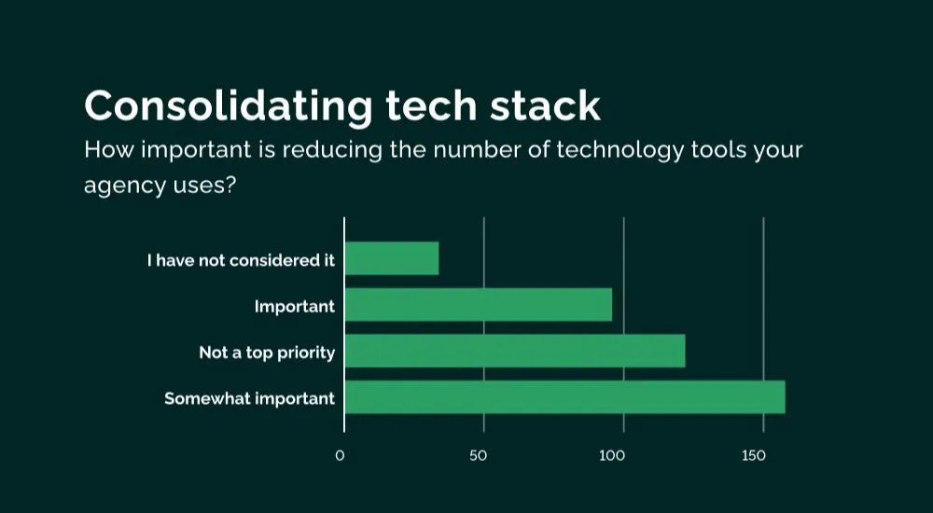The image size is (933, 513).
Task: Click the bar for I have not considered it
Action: pyautogui.click(x=392, y=258)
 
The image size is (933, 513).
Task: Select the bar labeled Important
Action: pyautogui.click(x=479, y=305)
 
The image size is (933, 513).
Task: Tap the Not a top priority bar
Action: pyautogui.click(x=515, y=351)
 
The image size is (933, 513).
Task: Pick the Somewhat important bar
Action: pyautogui.click(x=565, y=397)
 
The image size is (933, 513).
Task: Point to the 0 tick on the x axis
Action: pyautogui.click(x=340, y=456)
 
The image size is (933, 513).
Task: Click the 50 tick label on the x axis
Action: pyautogui.click(x=479, y=456)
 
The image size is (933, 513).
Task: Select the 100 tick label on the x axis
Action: pyautogui.click(x=612, y=456)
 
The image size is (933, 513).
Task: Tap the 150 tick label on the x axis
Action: pyautogui.click(x=753, y=456)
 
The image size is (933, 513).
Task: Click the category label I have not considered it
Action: pyautogui.click(x=241, y=260)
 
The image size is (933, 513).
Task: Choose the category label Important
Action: pyautogui.click(x=295, y=307)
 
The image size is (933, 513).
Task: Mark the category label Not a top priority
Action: pyautogui.click(x=267, y=353)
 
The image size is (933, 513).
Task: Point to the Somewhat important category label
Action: pyautogui.click(x=250, y=398)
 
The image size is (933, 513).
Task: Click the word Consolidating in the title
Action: pyautogui.click(x=229, y=106)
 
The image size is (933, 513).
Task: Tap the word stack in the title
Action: pyautogui.click(x=545, y=106)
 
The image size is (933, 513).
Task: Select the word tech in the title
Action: pyautogui.click(x=431, y=106)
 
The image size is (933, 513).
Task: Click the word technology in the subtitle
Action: pyautogui.click(x=620, y=151)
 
